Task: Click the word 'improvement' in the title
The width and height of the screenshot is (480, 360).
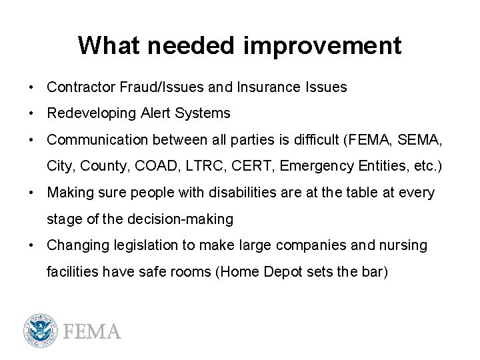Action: [323, 46]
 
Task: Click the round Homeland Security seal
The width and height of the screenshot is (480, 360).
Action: [39, 331]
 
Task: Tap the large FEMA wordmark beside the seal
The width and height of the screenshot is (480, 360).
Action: [91, 331]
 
